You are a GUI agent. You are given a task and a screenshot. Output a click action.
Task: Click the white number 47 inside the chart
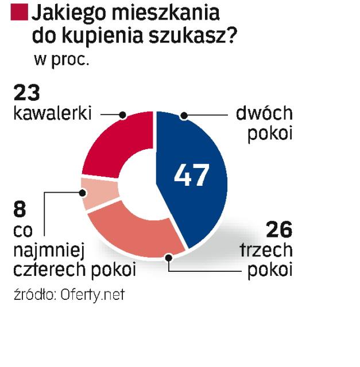click(x=191, y=176)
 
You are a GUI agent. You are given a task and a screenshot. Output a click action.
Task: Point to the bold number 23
click(x=28, y=93)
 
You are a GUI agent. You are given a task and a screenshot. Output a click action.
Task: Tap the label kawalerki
click(x=52, y=114)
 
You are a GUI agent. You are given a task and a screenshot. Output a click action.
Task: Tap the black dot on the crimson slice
click(x=123, y=115)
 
